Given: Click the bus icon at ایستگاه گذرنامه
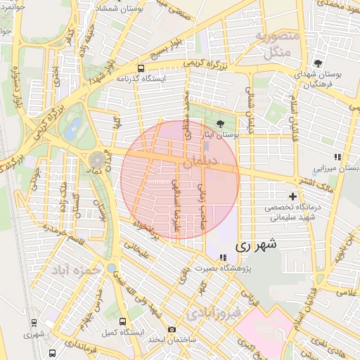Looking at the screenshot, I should tap(141, 69).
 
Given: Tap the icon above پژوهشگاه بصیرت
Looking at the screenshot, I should tap(223, 258).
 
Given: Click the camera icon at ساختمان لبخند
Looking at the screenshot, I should tap(172, 329).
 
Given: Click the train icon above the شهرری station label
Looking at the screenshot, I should tap(33, 323).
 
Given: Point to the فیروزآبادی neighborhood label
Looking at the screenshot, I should tap(215, 310).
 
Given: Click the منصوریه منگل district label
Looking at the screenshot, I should tap(277, 44).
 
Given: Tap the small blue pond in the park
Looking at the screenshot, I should tap(72, 128).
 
